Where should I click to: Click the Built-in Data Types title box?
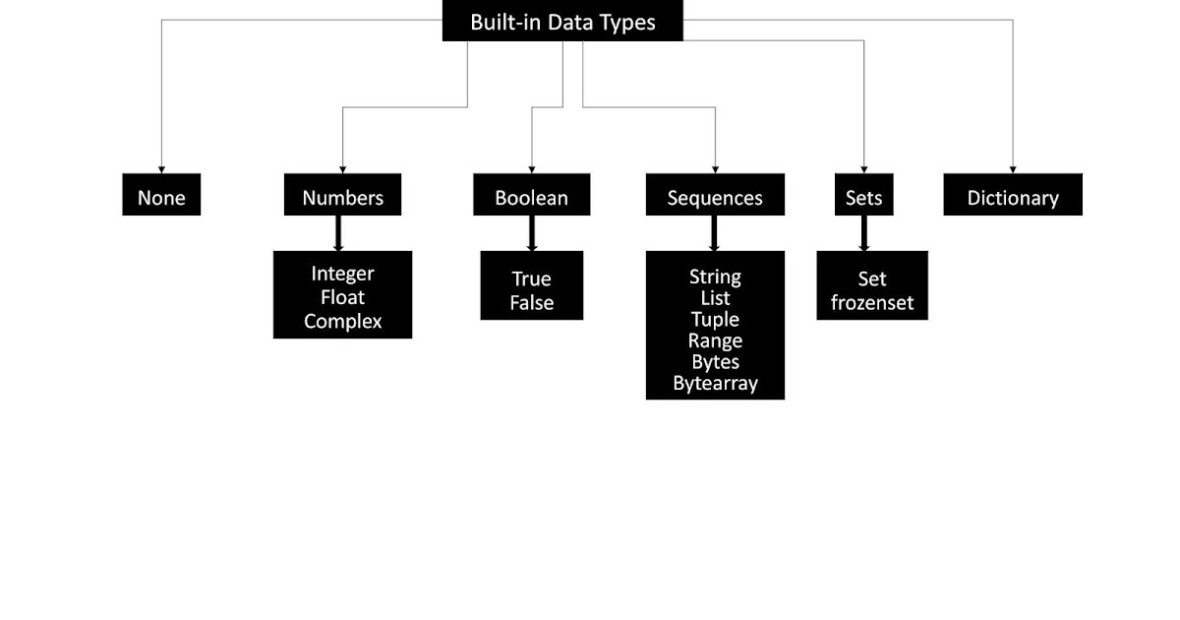562,21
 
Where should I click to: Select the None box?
161,196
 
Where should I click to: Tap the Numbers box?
342,196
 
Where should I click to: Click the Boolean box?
531,196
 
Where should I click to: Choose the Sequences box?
715,196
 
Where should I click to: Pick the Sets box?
864,196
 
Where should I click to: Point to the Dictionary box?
1013,196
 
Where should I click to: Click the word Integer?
342,273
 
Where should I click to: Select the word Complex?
342,321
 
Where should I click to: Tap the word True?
531,279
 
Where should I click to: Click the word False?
531,303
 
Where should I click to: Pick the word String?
715,277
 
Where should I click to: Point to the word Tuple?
715,319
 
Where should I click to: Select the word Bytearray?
715,383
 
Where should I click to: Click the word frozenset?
872,303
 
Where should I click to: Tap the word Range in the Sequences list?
715,341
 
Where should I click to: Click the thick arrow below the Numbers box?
338,233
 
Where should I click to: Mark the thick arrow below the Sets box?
864,233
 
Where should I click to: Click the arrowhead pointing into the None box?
161,169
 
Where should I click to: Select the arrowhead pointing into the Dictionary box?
1013,169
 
